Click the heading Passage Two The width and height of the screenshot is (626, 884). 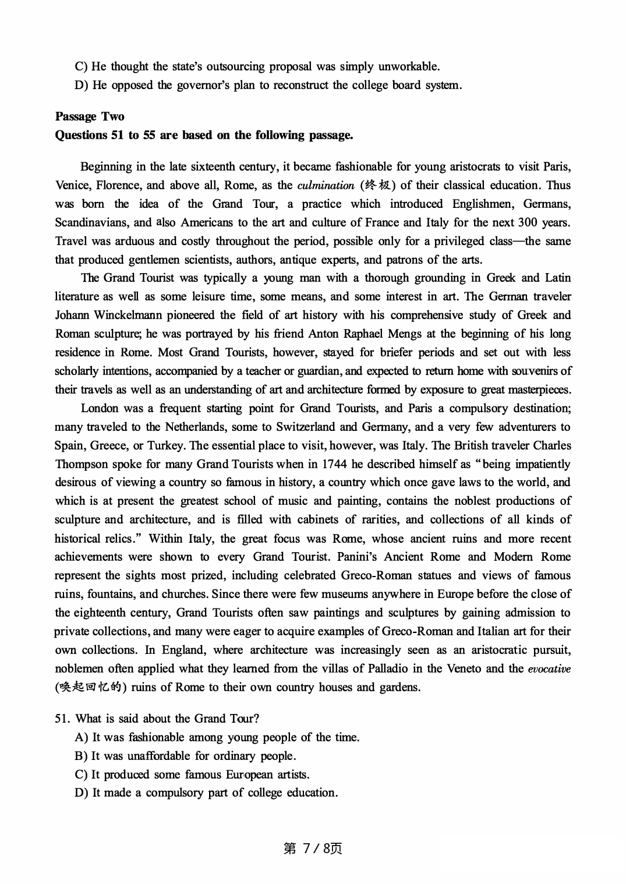click(x=89, y=116)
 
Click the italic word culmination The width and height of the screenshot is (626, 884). click(x=325, y=186)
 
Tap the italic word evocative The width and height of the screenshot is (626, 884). click(x=549, y=669)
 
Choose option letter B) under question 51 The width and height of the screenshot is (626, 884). click(x=81, y=756)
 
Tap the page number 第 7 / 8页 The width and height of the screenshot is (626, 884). click(x=313, y=848)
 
